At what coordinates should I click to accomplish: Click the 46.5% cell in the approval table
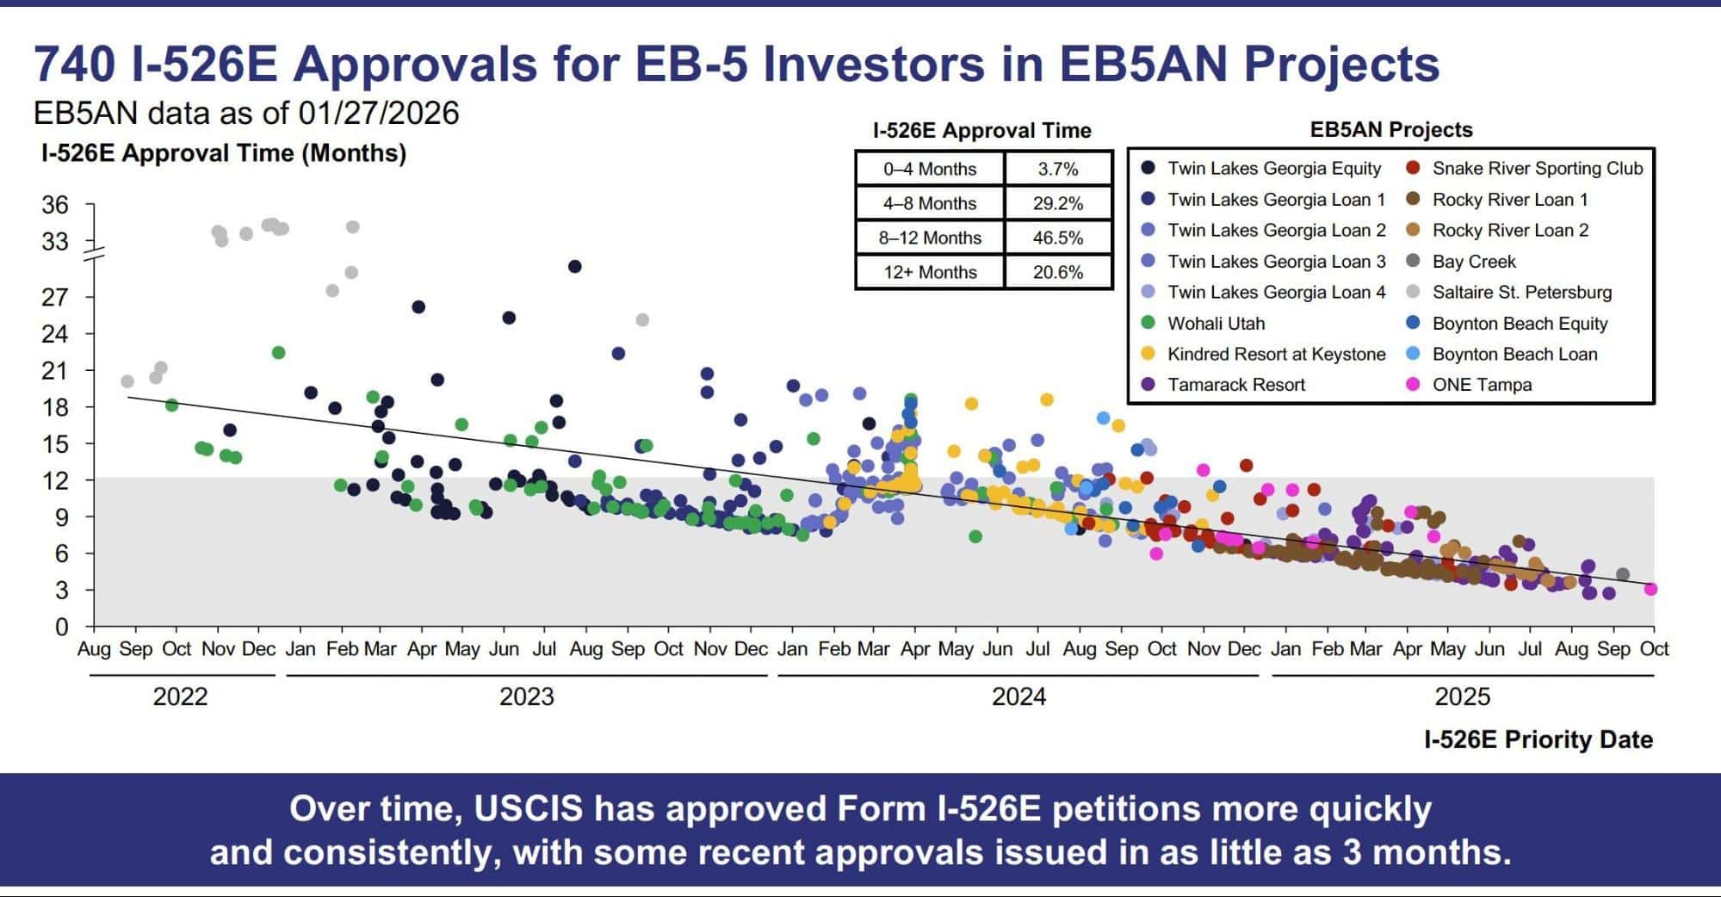pos(1057,238)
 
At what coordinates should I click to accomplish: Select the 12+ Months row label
pos(930,272)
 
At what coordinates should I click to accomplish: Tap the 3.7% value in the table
pos(1057,169)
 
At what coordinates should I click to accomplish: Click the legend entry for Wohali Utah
pos(1216,324)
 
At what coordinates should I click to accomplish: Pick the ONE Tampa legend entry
pos(1481,385)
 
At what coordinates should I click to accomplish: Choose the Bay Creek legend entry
pos(1473,262)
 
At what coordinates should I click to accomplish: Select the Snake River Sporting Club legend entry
pos(1537,169)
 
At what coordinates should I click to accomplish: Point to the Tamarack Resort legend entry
pos(1235,385)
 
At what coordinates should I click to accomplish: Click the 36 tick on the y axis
pos(55,205)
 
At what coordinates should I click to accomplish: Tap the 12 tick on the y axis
pos(55,480)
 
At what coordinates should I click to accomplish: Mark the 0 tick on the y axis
pos(61,627)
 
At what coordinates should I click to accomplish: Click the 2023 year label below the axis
pos(526,696)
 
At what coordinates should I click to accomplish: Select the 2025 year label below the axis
pos(1462,696)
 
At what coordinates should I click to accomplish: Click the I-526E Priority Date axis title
pos(1538,739)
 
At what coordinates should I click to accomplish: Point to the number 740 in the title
pos(74,65)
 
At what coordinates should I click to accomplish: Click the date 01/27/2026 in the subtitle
pos(379,113)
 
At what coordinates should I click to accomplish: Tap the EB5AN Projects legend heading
pos(1390,130)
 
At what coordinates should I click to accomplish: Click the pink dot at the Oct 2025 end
pos(1650,590)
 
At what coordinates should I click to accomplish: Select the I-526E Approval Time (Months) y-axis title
pos(224,153)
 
